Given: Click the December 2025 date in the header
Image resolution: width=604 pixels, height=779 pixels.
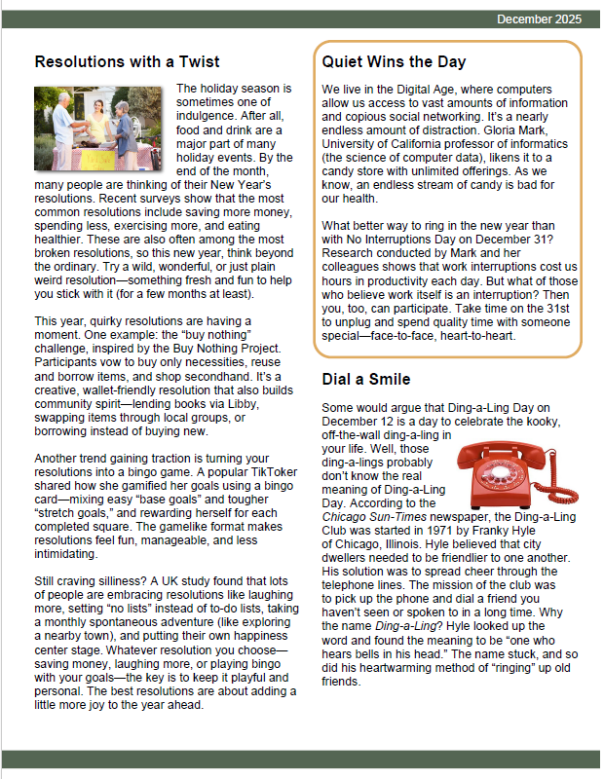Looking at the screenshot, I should (539, 19).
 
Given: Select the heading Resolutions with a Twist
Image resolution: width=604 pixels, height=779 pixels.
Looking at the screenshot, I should (127, 62).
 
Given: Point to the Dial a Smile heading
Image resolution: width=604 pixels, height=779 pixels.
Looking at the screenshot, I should (366, 379).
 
